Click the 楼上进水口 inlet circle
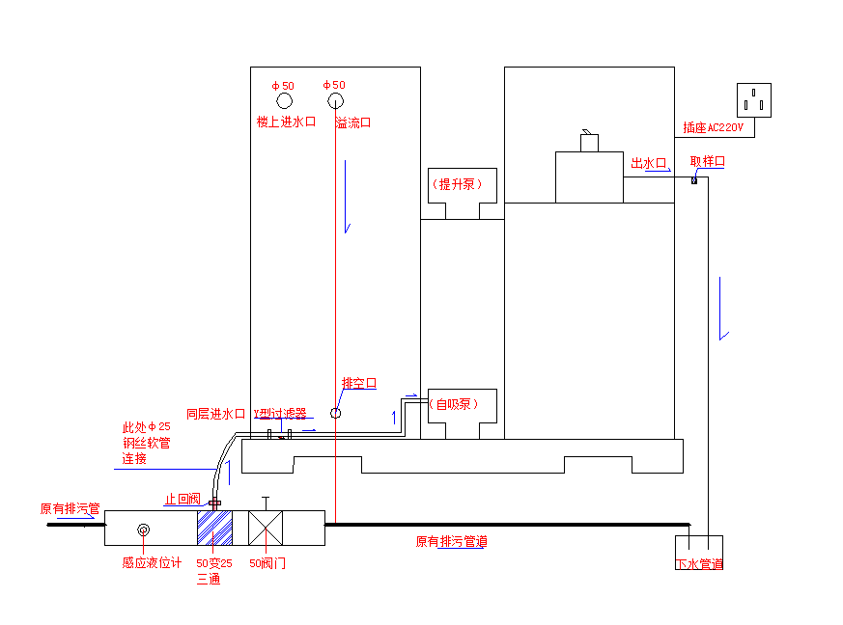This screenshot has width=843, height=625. (x=285, y=101)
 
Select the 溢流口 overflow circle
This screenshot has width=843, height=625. (x=335, y=101)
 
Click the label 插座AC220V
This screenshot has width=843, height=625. (x=714, y=127)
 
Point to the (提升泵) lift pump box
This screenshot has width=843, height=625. (x=462, y=184)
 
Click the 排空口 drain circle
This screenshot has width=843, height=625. (x=335, y=413)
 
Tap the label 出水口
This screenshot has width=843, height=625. (x=649, y=164)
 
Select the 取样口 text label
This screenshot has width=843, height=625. (x=707, y=162)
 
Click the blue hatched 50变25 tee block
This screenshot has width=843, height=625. (x=214, y=529)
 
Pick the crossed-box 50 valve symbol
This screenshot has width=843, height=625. (x=267, y=529)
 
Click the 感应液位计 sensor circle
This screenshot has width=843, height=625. (x=144, y=530)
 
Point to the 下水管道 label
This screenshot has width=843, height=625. (x=699, y=564)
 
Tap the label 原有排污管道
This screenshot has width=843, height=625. (x=451, y=542)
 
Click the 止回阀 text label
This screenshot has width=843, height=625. (x=183, y=500)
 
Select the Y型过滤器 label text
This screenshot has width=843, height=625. (x=280, y=414)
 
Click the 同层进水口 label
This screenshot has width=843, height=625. (x=215, y=414)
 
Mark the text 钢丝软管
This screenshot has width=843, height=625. (x=146, y=443)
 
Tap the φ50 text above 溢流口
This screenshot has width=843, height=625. (x=334, y=85)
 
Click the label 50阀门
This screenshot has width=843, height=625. (x=267, y=563)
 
